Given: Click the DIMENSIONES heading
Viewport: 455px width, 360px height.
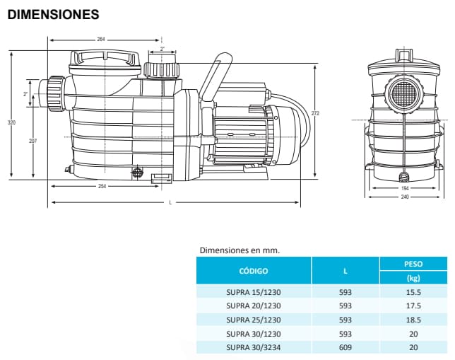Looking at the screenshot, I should pos(53,14).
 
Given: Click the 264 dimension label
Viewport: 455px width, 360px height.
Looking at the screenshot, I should pos(100,40).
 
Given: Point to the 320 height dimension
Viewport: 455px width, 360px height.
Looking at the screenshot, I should pos(11,123).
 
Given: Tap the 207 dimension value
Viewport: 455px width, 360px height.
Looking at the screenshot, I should pos(32,141).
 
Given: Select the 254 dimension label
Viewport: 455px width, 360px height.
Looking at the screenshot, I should pos(102,186).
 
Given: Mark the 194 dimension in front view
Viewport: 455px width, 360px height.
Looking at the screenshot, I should pos(403,188).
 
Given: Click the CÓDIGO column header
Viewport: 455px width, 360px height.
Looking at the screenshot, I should pos(253,270).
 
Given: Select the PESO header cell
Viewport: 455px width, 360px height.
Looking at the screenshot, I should pos(413,263).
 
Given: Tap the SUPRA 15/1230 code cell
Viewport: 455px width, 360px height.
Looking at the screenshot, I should pos(253,292).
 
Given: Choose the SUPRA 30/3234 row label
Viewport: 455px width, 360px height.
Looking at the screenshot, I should pos(253,347).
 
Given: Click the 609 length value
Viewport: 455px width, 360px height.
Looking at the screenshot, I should pos(345,347).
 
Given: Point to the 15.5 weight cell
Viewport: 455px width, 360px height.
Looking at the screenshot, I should pos(413,292).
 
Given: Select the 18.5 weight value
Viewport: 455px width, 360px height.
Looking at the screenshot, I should pos(413,320).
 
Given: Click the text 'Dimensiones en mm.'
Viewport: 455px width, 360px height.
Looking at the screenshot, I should pos(240,250).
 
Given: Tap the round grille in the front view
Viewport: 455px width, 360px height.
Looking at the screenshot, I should pos(403,93).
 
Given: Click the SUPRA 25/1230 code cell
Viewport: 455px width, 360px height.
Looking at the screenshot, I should pos(253,320).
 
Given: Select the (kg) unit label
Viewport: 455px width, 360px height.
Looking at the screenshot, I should pos(413,278).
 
